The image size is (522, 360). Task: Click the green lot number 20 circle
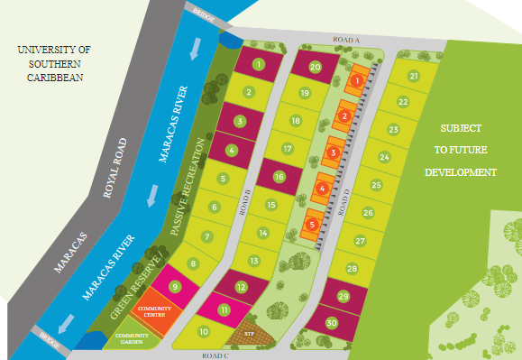315,67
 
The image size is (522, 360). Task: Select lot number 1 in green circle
259,64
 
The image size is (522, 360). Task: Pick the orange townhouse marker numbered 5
312,224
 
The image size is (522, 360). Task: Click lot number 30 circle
332,323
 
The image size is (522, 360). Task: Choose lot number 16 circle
279,177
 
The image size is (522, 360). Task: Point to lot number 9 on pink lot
176,287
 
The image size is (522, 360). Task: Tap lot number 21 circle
414,77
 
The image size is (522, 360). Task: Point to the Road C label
217,355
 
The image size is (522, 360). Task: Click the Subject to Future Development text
462,150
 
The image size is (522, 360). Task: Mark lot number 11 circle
223,309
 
